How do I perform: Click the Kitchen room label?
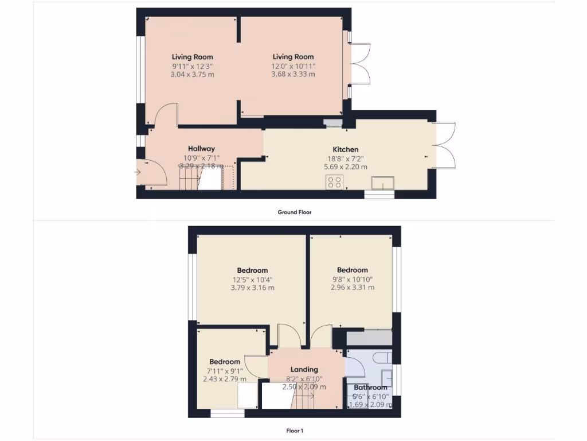345,149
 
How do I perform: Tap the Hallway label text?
201,149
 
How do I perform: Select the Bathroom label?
370,388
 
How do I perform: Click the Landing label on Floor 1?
304,370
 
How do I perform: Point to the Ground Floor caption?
295,212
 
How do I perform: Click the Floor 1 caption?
295,430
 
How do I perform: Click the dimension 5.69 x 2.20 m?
345,167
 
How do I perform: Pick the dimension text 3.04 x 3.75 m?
193,74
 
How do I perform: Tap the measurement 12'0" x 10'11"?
293,66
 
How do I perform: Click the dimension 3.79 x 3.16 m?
252,288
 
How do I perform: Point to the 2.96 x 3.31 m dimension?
352,288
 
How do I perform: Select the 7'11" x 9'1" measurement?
224,370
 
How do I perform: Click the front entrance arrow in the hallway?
138,171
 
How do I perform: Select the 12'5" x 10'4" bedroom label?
252,270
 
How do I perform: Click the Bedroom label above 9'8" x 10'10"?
352,270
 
